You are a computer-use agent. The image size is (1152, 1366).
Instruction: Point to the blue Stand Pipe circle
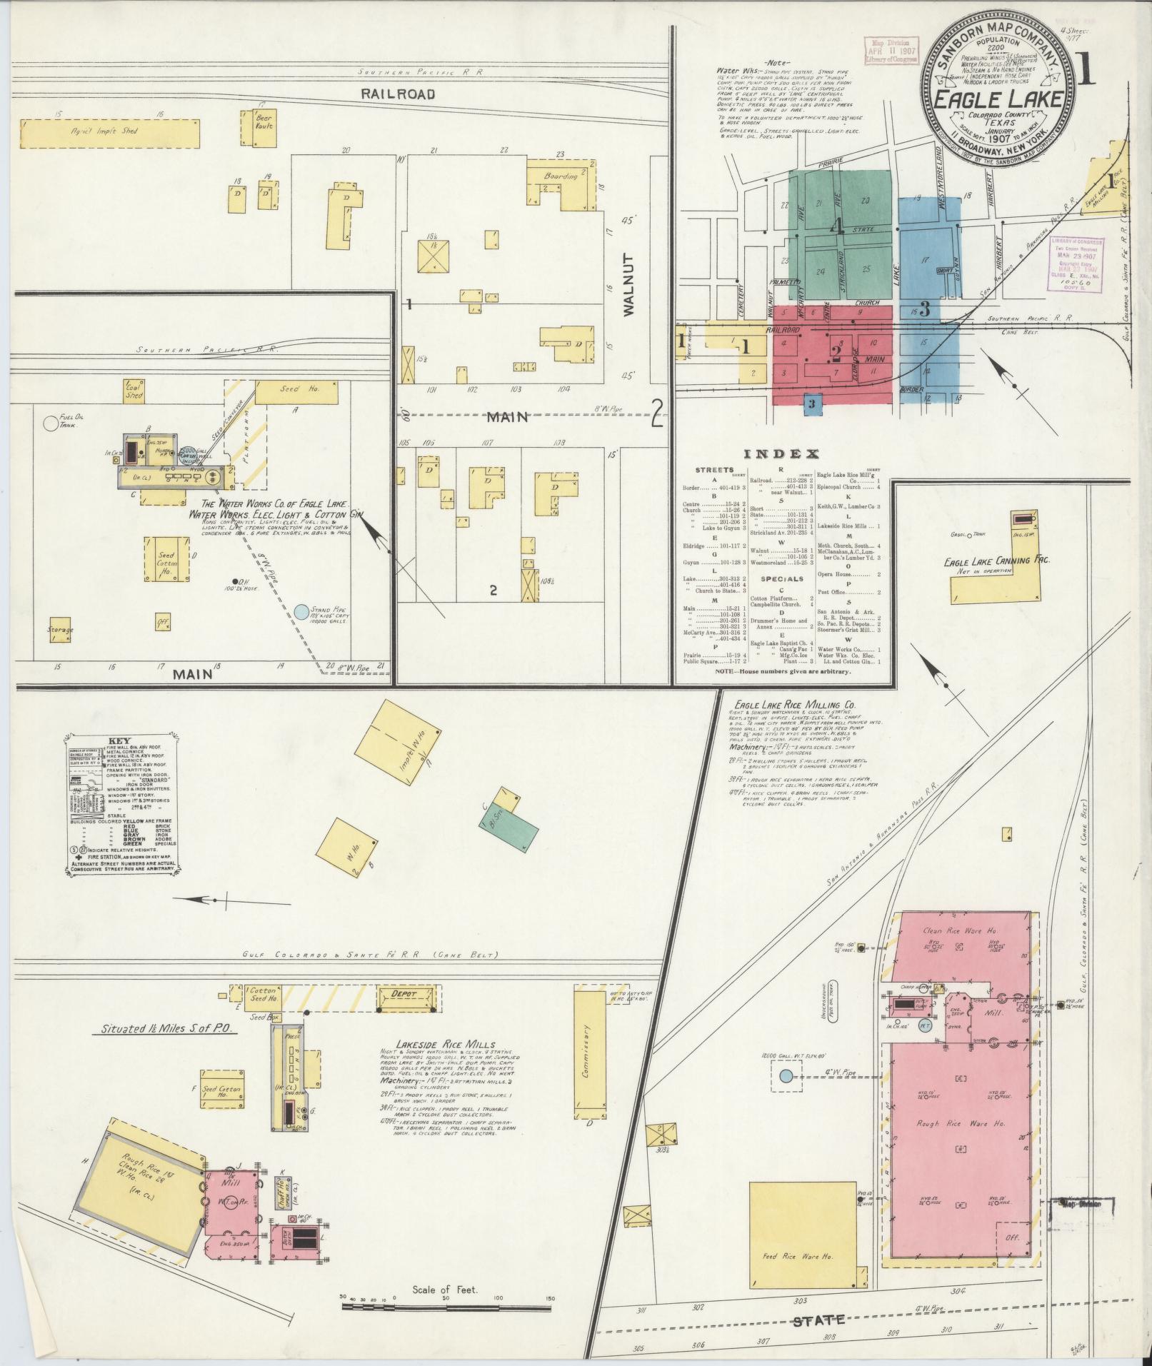(x=301, y=611)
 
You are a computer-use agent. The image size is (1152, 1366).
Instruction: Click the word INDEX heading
(x=781, y=454)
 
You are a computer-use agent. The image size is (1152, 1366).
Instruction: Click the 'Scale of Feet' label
(x=444, y=1290)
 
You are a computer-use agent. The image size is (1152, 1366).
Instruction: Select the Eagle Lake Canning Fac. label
(x=996, y=562)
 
